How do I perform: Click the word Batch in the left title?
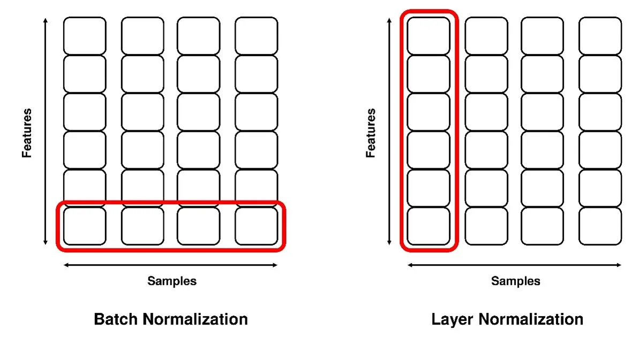coord(115,320)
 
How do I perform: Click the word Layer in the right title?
coord(453,320)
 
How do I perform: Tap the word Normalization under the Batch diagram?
coord(195,320)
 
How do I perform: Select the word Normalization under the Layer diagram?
coord(531,320)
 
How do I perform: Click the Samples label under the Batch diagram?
coord(172,281)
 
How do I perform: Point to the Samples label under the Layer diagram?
coord(516,281)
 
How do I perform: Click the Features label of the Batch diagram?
coord(27,133)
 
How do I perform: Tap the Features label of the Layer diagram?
coord(371,133)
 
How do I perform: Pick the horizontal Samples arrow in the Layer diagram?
coord(514,265)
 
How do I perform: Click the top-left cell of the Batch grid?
coord(85,35)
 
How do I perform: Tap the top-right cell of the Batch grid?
coord(256,35)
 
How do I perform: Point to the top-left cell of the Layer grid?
coord(428,35)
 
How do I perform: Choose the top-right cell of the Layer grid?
coord(600,35)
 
